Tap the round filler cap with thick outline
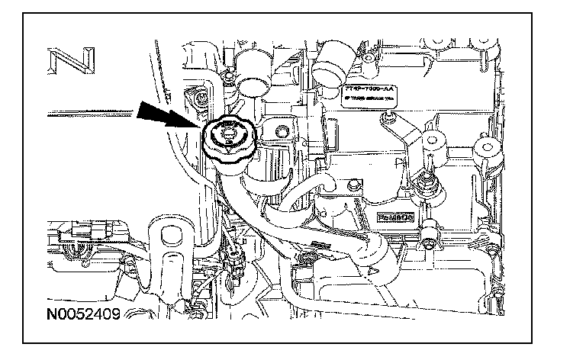point(228,142)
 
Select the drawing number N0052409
point(82,313)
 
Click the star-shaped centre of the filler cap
point(227,137)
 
